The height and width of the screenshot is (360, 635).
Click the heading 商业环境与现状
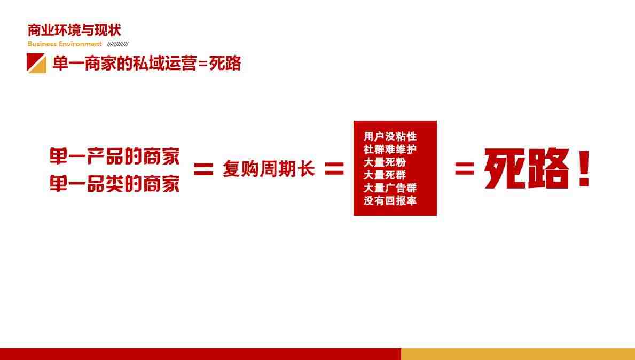[x=74, y=30]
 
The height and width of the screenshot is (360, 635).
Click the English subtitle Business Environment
[x=65, y=44]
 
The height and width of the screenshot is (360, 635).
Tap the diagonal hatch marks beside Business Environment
[x=117, y=44]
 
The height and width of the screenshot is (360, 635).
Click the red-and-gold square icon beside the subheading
[x=36, y=63]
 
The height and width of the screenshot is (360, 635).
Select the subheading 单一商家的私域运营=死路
[x=147, y=63]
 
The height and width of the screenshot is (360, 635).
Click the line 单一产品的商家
[x=115, y=156]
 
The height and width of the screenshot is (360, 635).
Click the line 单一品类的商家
[x=115, y=184]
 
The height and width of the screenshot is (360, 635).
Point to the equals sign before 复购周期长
[x=203, y=169]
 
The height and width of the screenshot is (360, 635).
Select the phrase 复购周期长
[x=269, y=168]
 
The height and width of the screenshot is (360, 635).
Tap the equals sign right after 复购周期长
[x=334, y=169]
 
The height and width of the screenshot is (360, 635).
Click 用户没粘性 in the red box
[x=390, y=136]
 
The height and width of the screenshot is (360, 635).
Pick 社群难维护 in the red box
[x=390, y=150]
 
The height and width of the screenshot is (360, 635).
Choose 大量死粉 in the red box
[x=385, y=162]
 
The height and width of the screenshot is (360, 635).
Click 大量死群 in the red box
[x=385, y=175]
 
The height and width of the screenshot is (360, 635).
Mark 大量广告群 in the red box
[x=390, y=188]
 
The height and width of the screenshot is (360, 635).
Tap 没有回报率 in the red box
[x=390, y=201]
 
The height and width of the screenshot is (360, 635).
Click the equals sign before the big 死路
[x=465, y=168]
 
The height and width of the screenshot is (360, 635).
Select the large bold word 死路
[x=526, y=168]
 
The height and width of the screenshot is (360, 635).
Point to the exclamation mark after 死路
[x=584, y=168]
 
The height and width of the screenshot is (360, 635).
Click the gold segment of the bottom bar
[x=518, y=354]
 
